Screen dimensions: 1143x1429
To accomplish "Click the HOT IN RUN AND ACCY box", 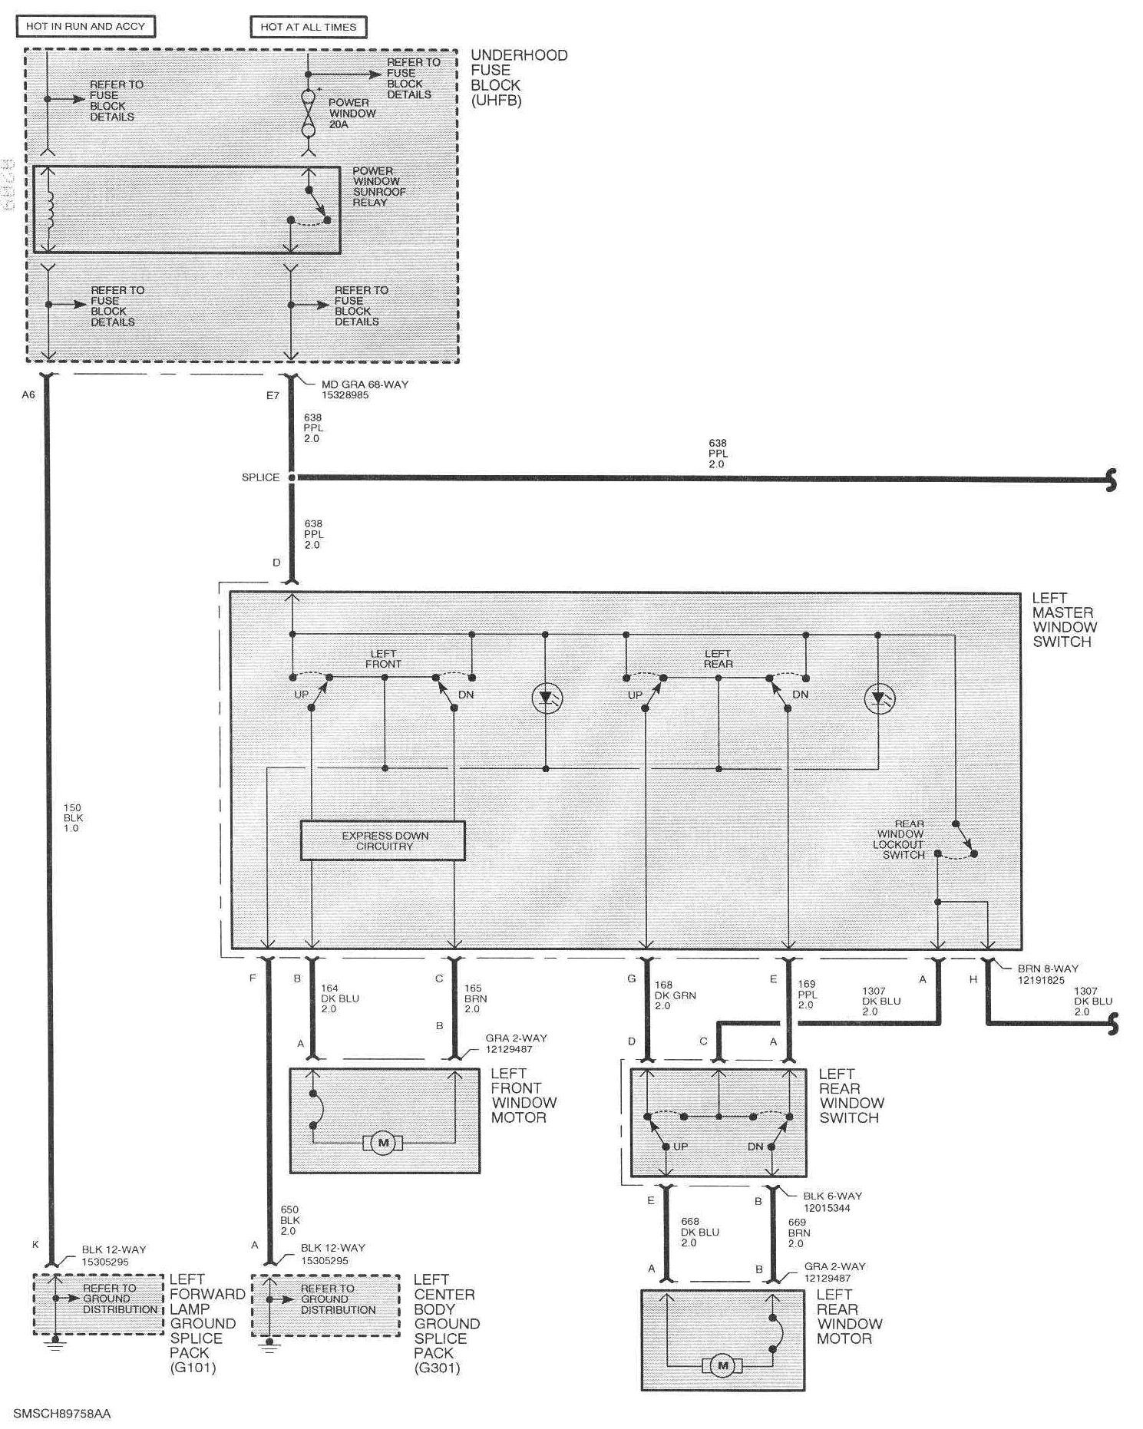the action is [x=85, y=26].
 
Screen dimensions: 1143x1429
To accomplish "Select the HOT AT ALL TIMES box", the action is [x=308, y=27].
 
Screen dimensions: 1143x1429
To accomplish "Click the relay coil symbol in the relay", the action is [x=48, y=208].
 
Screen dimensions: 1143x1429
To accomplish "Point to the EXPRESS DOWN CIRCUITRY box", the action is [x=383, y=840].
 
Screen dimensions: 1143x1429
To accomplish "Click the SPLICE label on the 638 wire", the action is [x=260, y=477].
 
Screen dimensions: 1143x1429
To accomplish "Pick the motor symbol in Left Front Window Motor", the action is [x=383, y=1143].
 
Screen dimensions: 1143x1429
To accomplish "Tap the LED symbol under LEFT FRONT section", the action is [x=547, y=698].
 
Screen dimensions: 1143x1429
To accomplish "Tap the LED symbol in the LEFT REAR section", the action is [x=879, y=698].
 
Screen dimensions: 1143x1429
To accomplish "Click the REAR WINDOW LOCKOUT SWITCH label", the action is [x=899, y=839].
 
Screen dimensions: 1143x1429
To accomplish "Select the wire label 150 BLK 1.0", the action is [x=73, y=818].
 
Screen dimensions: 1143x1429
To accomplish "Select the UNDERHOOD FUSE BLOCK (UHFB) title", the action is [x=518, y=77].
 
